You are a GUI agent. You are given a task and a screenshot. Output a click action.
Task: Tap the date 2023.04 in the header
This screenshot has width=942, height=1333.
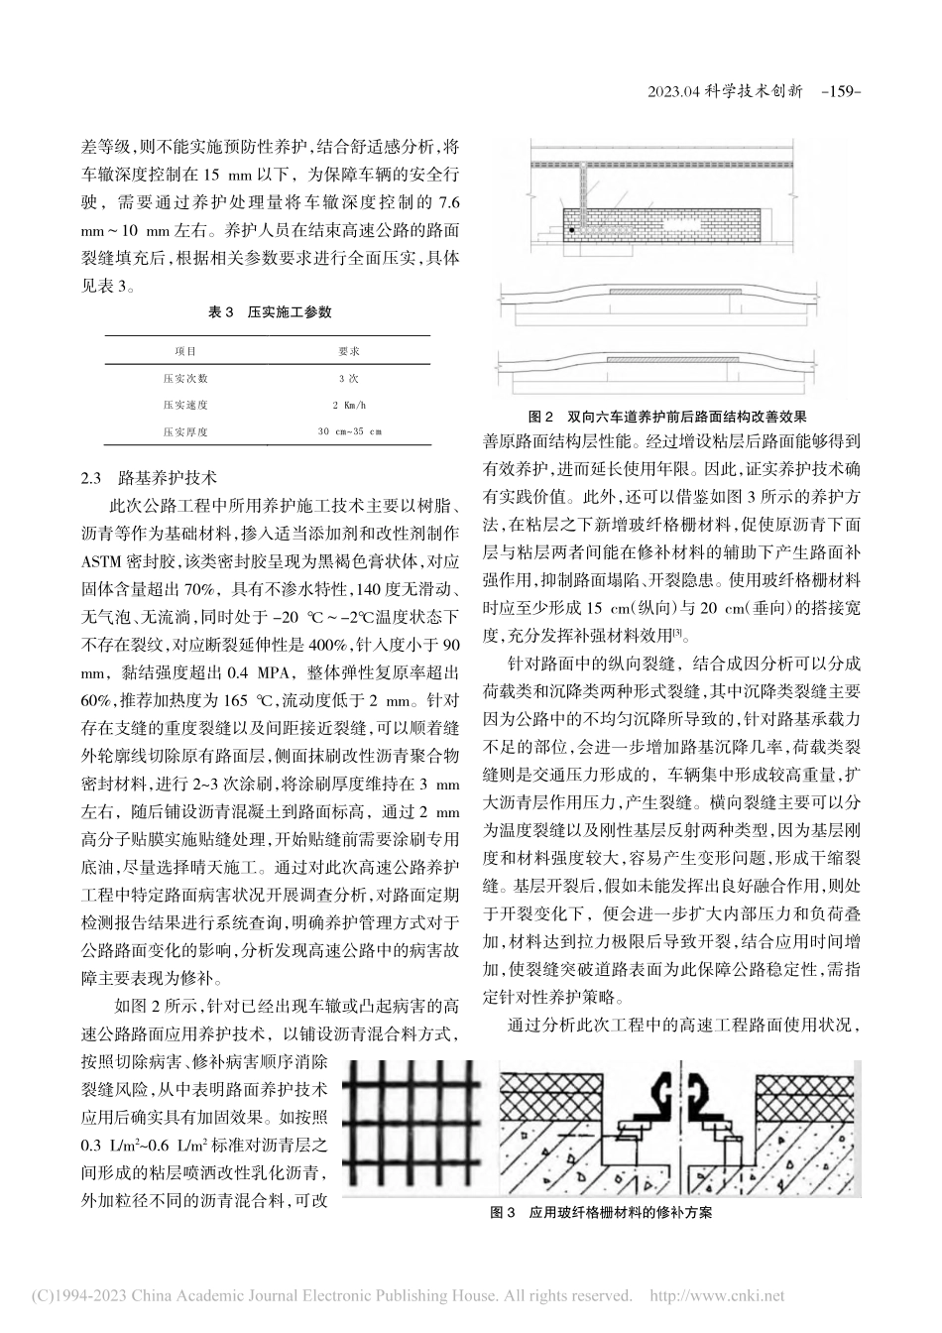click(674, 90)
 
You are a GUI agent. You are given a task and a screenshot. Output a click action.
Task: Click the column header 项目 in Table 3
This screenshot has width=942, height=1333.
click(185, 351)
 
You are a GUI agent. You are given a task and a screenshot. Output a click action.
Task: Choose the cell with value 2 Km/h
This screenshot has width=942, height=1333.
click(349, 405)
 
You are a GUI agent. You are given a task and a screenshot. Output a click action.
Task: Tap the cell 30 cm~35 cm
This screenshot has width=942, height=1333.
click(349, 431)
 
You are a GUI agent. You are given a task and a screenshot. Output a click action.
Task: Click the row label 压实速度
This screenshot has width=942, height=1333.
click(185, 405)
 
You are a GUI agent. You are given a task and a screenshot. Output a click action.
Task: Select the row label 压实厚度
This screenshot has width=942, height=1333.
click(185, 431)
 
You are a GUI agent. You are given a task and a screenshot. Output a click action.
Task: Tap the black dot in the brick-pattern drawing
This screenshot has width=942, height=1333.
click(573, 231)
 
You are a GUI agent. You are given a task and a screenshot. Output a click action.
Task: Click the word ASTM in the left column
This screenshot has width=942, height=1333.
click(105, 560)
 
